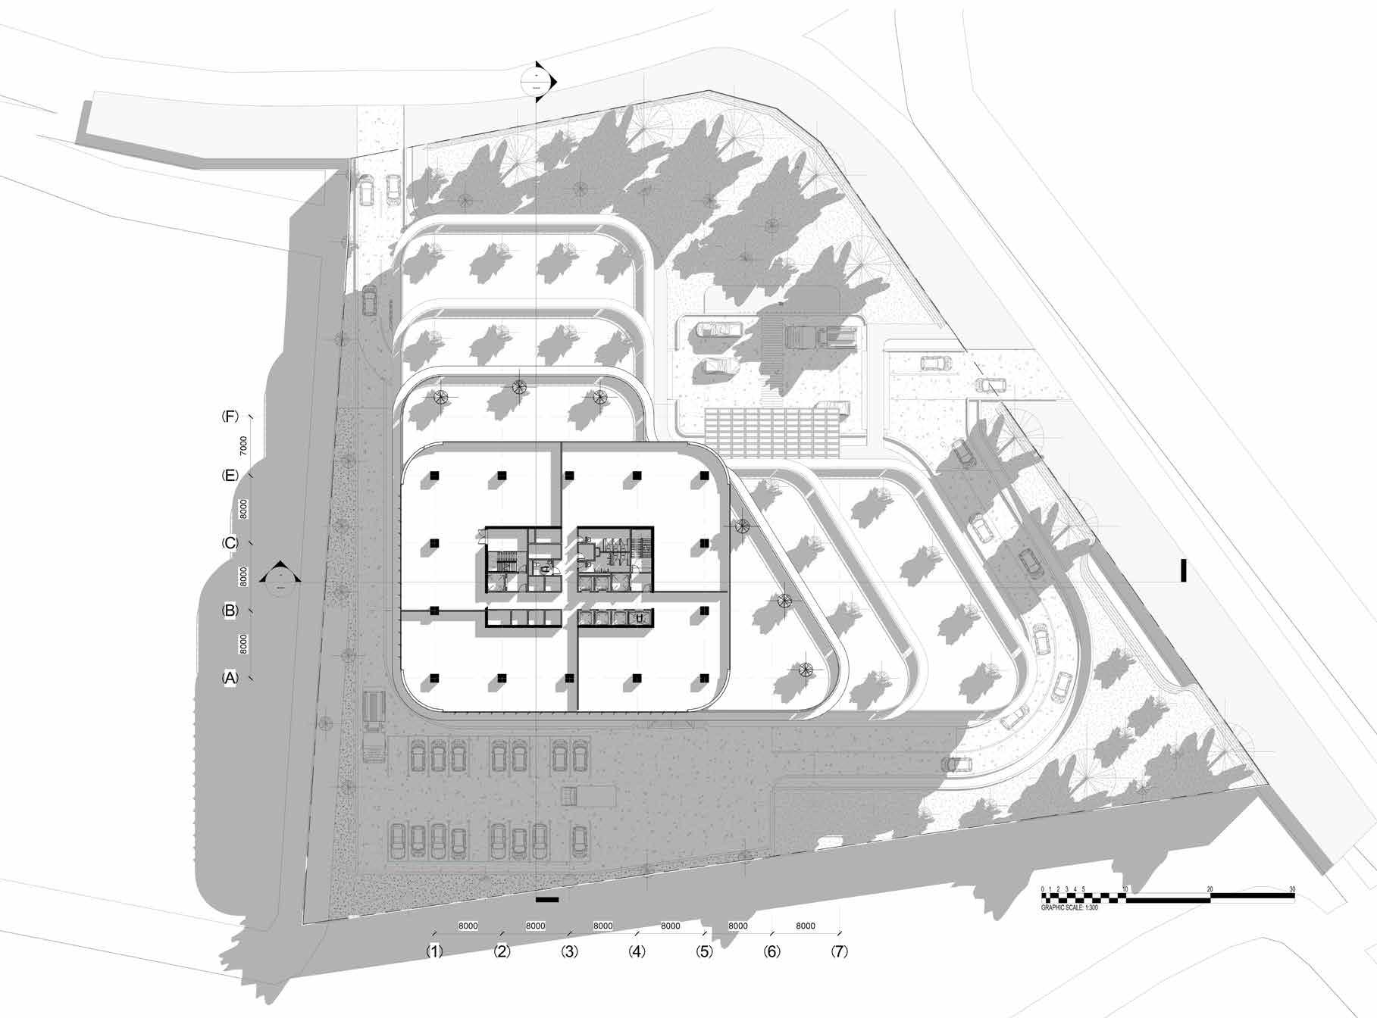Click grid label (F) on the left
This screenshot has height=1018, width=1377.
click(x=230, y=417)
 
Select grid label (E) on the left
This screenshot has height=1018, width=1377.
click(x=230, y=476)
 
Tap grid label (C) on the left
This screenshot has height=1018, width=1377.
click(x=230, y=543)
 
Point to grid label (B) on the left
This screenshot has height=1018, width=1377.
click(x=230, y=610)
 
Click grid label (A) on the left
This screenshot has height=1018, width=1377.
click(x=230, y=678)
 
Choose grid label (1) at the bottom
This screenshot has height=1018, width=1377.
click(x=434, y=951)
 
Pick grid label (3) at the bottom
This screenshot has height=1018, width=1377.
click(x=569, y=951)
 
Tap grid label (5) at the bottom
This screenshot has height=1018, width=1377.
click(x=704, y=951)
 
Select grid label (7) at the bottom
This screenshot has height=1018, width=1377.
click(x=839, y=951)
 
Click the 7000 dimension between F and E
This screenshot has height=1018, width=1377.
click(x=243, y=445)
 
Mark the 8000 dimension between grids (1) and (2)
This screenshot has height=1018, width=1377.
click(x=468, y=926)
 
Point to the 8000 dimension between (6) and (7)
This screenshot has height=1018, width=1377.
click(x=806, y=926)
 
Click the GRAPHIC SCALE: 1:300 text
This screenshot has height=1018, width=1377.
click(x=1069, y=907)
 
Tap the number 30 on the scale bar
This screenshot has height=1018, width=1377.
click(x=1292, y=889)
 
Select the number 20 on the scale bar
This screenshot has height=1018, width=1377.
click(x=1210, y=889)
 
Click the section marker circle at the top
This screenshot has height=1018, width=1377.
click(x=537, y=81)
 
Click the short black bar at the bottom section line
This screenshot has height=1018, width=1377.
click(x=546, y=900)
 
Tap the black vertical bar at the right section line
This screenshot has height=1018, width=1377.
click(x=1183, y=571)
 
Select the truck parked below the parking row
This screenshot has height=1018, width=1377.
click(x=588, y=796)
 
